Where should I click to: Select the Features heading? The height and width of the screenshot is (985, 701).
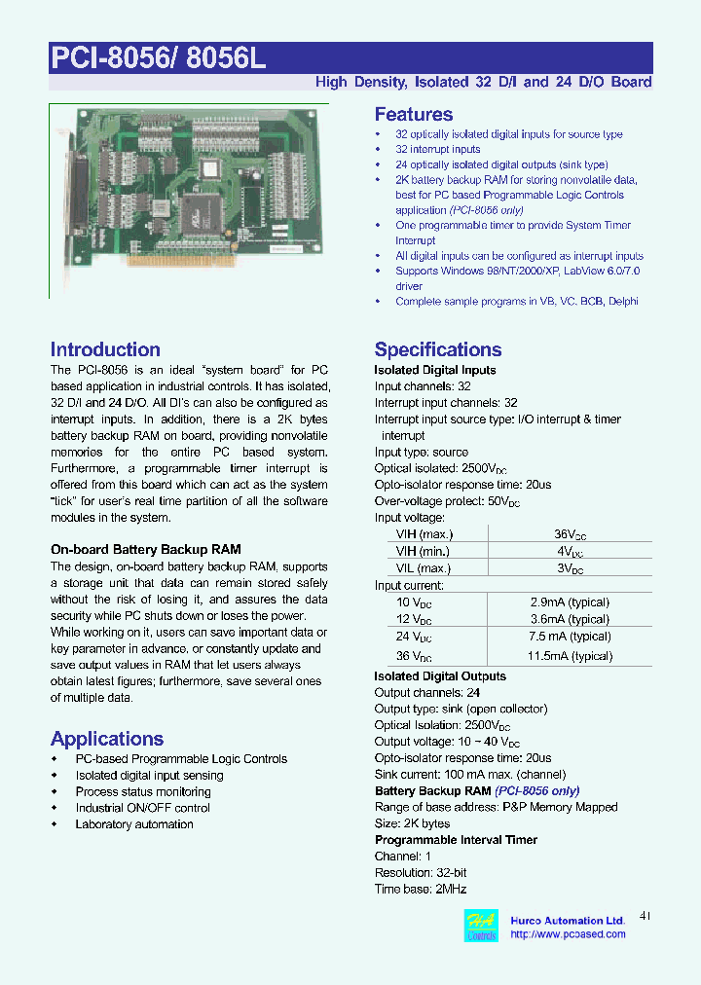tap(413, 114)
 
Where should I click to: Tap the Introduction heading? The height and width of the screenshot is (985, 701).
tap(105, 349)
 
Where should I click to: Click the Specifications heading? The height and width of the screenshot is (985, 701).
tap(438, 349)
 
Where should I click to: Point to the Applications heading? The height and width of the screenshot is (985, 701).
tap(107, 739)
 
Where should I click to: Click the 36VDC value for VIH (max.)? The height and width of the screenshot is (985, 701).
tap(569, 534)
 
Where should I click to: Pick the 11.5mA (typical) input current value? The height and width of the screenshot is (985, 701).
tap(569, 656)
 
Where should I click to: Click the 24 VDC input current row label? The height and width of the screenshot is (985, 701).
tap(414, 637)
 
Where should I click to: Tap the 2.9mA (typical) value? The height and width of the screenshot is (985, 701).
tap(569, 603)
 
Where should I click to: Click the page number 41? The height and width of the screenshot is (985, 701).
tap(646, 916)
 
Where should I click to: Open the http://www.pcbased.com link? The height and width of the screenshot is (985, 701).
tap(568, 934)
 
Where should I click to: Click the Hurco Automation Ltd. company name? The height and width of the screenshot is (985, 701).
tap(568, 920)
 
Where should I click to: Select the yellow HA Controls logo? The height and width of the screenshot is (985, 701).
tap(482, 927)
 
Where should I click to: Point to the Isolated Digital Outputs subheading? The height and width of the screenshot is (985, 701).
tap(440, 676)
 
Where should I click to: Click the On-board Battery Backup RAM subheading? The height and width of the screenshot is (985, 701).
tap(146, 550)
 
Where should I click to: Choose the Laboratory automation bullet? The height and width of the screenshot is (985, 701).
tap(134, 824)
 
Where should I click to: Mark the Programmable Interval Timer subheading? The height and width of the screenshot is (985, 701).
tap(456, 840)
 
